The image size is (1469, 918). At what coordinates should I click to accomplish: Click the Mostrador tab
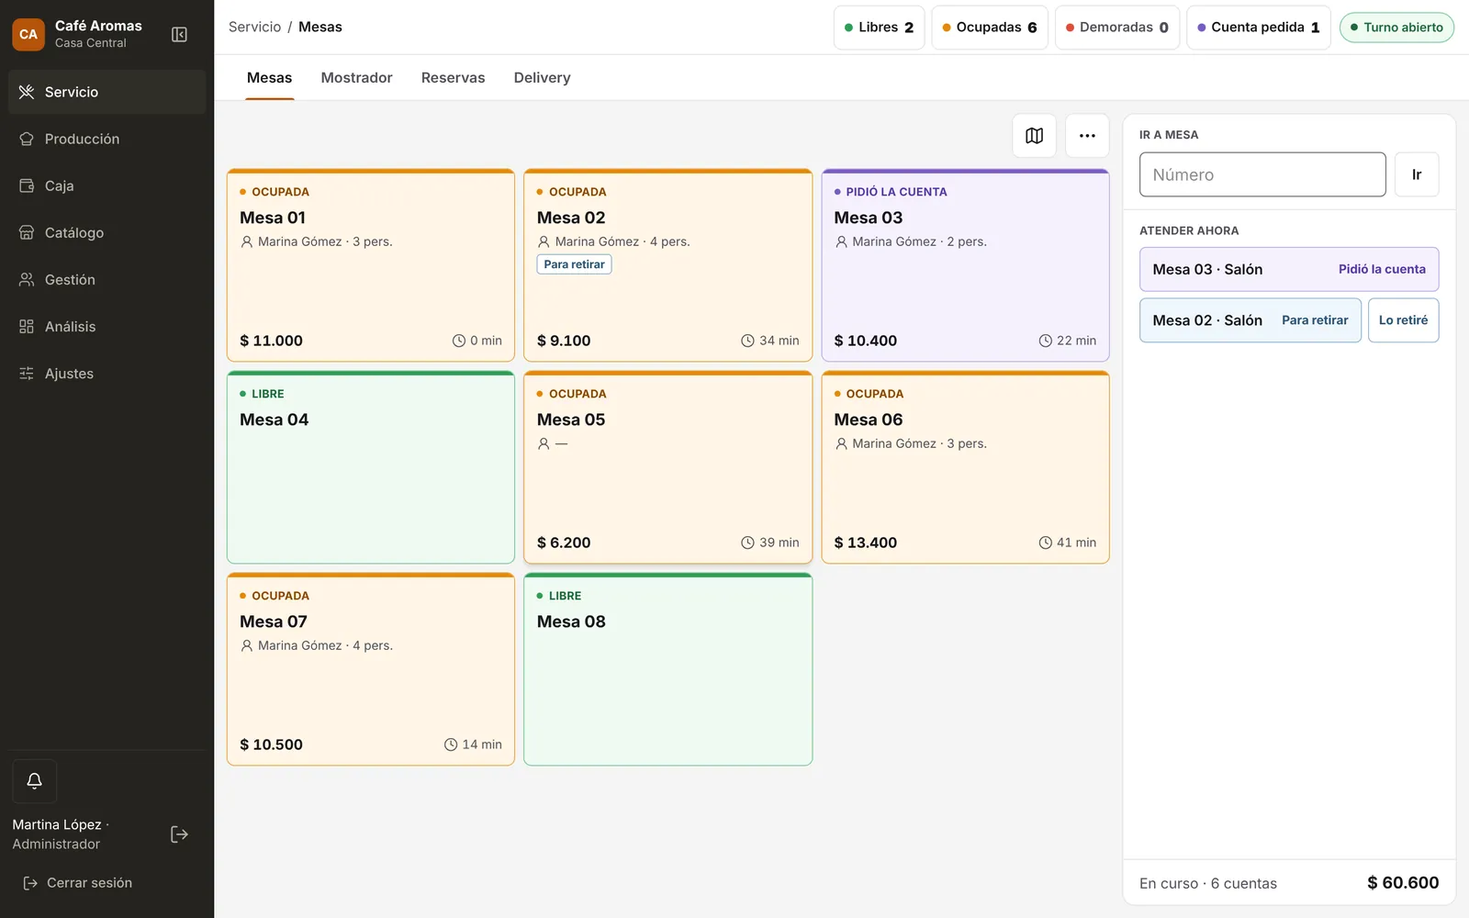click(x=356, y=77)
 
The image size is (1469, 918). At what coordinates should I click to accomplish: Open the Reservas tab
click(x=453, y=77)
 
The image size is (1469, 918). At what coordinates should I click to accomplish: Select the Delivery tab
click(x=542, y=77)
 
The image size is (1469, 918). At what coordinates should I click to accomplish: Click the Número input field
click(x=1262, y=174)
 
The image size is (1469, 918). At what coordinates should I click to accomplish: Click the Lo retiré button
click(x=1403, y=320)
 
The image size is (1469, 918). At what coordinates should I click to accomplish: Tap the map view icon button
click(x=1034, y=136)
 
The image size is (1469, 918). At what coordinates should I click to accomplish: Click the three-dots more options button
click(x=1087, y=136)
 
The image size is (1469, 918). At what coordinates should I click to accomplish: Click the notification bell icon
click(x=34, y=780)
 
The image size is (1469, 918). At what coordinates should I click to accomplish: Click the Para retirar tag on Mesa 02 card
click(x=574, y=264)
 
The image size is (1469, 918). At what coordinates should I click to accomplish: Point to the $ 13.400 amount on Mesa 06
click(x=865, y=543)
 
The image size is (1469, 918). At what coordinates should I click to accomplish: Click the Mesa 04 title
click(x=275, y=419)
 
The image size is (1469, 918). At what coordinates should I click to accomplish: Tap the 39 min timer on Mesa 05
click(x=770, y=543)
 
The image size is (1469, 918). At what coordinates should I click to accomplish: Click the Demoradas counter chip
click(x=1116, y=27)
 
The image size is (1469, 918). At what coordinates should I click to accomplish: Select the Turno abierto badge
click(x=1396, y=27)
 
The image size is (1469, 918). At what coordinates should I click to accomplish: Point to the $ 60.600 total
click(x=1403, y=882)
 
